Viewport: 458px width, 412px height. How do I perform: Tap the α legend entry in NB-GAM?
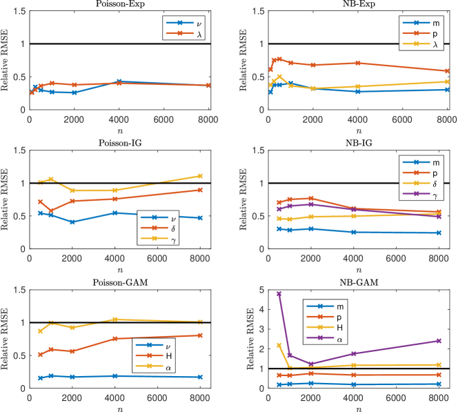pos(337,340)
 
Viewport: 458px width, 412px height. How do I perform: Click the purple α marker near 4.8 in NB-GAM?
pos(279,294)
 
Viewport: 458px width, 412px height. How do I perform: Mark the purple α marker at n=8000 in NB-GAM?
pos(447,340)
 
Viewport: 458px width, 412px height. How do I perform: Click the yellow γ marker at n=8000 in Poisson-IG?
pos(200,176)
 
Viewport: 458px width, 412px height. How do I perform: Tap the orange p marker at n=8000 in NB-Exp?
pos(447,71)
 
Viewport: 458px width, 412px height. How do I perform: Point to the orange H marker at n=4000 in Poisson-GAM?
pos(114,339)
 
